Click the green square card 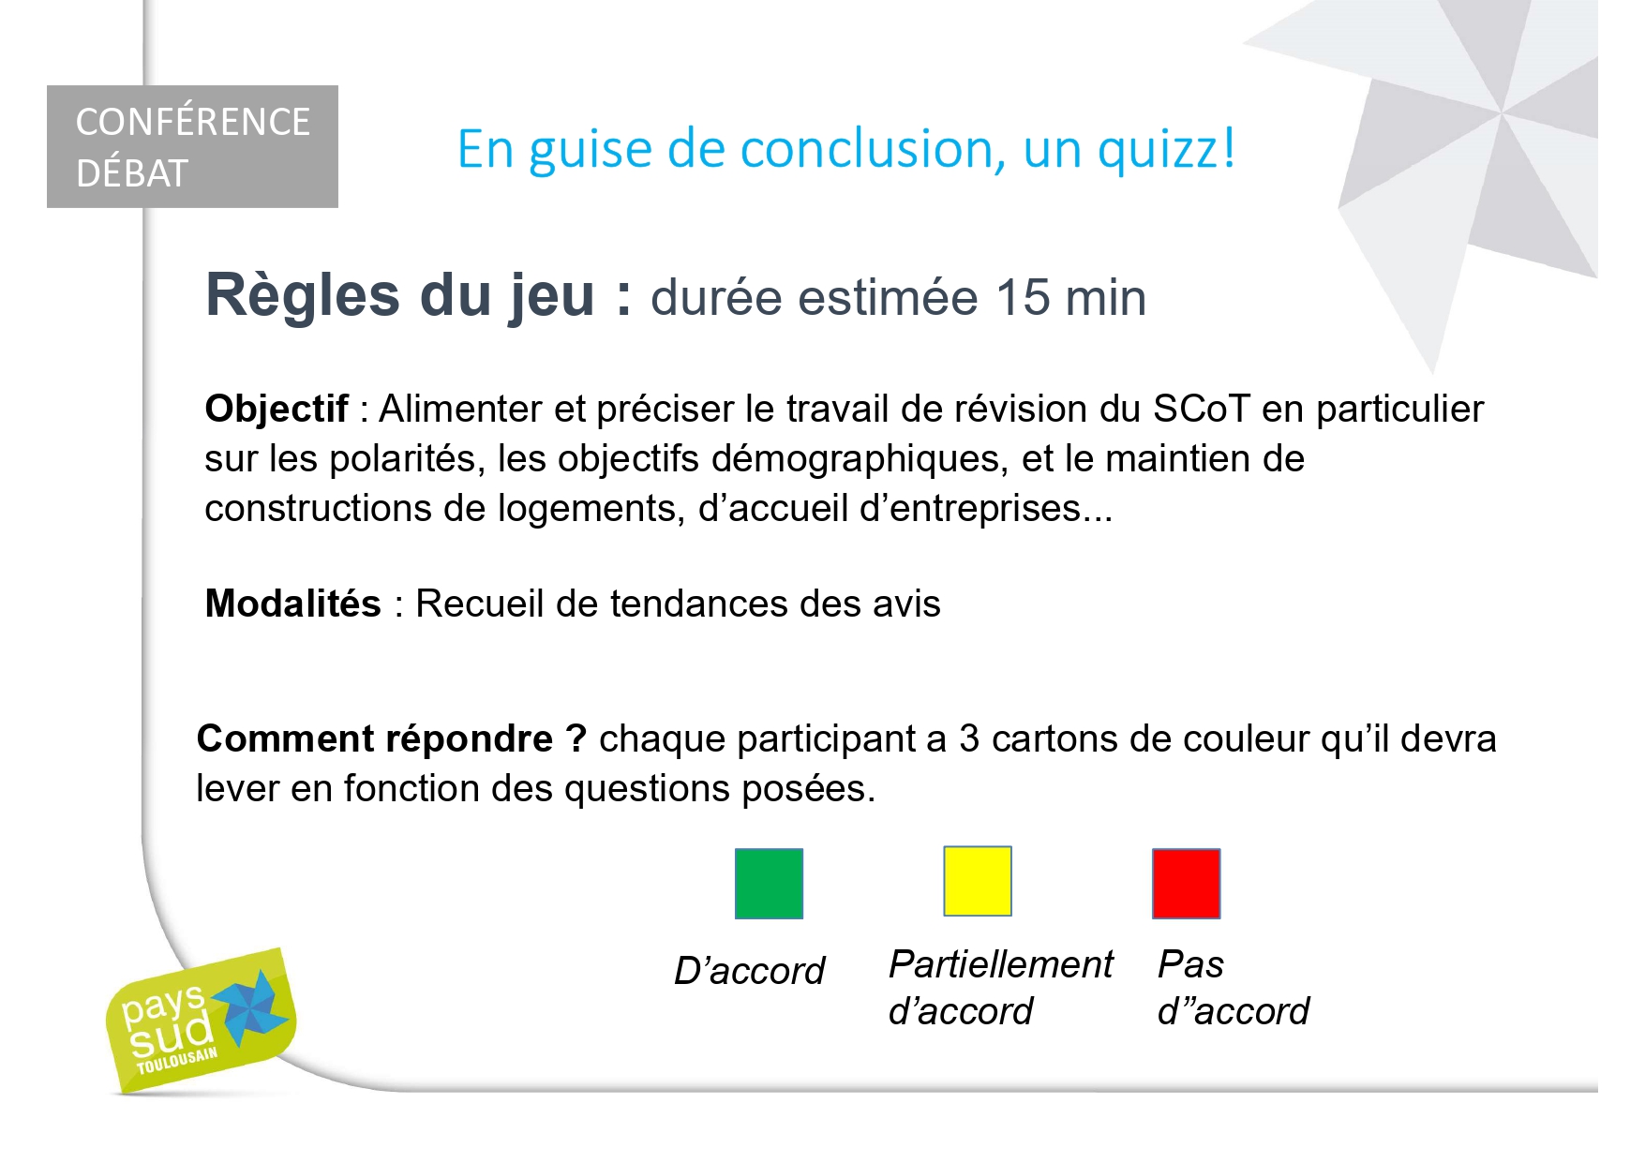[x=769, y=883]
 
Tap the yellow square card [x=978, y=880]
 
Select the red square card [x=1186, y=883]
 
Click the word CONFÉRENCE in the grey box [x=192, y=122]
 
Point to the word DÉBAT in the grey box [x=132, y=173]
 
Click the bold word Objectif [x=277, y=409]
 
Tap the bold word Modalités [x=292, y=603]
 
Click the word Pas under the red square [x=1190, y=963]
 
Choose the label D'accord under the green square [x=749, y=970]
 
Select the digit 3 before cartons [x=969, y=739]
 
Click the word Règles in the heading [x=303, y=295]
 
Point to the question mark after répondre [x=576, y=739]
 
